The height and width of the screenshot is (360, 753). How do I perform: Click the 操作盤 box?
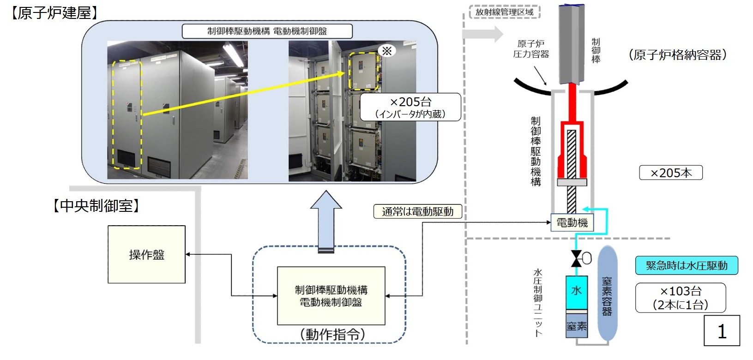[146, 254]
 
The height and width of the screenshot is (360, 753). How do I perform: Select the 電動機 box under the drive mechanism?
[572, 223]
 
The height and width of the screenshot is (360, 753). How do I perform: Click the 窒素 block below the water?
[577, 326]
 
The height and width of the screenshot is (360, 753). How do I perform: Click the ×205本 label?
[670, 173]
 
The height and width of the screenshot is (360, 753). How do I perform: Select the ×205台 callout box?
[410, 107]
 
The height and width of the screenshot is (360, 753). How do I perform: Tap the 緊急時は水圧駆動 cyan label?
[686, 265]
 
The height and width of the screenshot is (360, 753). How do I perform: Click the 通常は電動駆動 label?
[417, 212]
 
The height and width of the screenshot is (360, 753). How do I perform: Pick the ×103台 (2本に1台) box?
[681, 298]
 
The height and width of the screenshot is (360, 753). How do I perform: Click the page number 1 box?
[722, 331]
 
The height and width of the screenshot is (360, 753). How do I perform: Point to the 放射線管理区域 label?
[504, 12]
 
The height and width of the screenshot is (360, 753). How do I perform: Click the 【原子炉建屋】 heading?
[54, 12]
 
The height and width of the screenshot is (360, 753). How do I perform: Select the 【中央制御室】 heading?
[96, 206]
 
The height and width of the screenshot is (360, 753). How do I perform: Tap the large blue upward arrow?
[326, 222]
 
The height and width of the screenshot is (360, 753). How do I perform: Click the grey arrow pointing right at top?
[483, 34]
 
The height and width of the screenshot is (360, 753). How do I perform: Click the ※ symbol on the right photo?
[387, 51]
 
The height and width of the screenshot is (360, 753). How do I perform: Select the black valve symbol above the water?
[576, 258]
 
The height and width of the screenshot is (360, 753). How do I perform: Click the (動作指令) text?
[332, 334]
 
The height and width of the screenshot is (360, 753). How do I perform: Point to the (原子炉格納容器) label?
[677, 55]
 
